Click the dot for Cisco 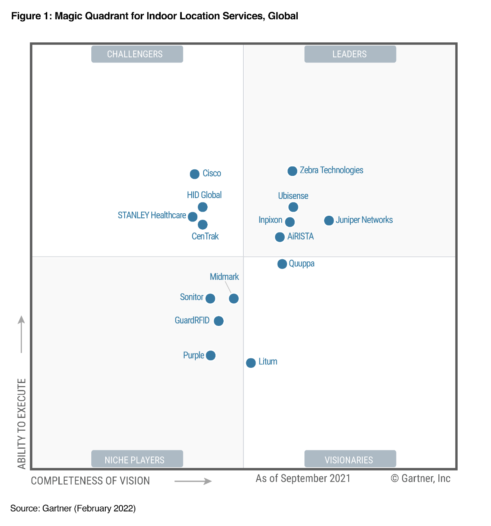click(x=195, y=174)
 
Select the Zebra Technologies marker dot click(x=292, y=171)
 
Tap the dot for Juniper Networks click(x=329, y=221)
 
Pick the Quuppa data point click(x=282, y=264)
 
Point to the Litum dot click(x=251, y=363)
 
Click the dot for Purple click(x=211, y=355)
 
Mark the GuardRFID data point click(x=219, y=321)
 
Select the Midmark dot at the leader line click(x=234, y=298)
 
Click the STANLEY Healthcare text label click(x=152, y=215)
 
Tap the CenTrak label click(x=205, y=236)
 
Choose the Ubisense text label click(x=293, y=196)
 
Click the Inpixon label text click(x=270, y=220)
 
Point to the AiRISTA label click(x=301, y=236)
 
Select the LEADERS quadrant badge click(x=350, y=54)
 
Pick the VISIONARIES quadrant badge click(x=350, y=459)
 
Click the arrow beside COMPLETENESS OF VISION click(x=193, y=481)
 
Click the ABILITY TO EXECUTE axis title click(x=22, y=424)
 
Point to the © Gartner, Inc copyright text click(x=420, y=478)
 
